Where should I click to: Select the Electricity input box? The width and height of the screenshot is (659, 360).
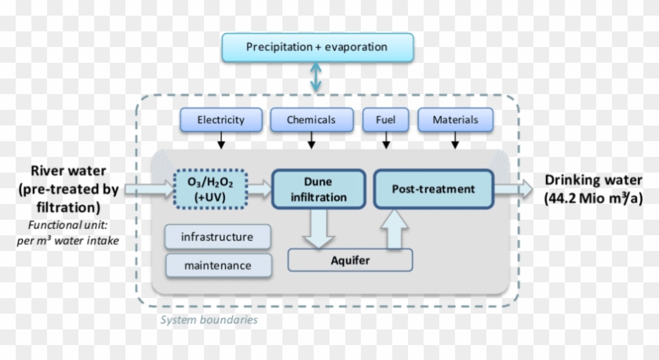coord(220,120)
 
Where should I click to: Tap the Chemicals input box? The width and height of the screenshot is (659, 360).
coord(311,120)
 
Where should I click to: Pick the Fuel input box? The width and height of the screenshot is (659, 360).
coord(385,120)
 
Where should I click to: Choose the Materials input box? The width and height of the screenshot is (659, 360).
coord(455,120)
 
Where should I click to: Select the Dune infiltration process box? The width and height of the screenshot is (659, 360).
coord(318,189)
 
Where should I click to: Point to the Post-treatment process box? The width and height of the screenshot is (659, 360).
coord(433,189)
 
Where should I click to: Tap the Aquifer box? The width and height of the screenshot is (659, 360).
coord(349,259)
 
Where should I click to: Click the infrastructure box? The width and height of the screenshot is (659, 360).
coord(217,237)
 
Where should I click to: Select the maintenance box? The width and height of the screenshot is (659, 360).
coord(217,265)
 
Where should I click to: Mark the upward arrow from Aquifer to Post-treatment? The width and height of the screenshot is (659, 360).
coord(395,228)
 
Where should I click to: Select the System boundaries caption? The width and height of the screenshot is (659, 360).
coord(209,320)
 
